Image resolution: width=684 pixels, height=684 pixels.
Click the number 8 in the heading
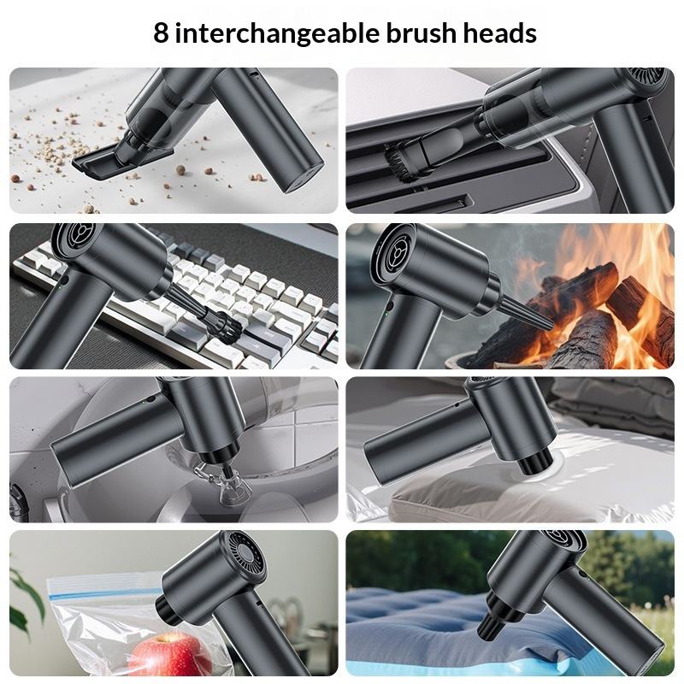161,32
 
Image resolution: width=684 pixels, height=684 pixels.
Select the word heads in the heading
500,32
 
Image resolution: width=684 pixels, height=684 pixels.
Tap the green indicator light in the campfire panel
387,313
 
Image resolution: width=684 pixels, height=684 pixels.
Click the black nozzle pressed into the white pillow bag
534,462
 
